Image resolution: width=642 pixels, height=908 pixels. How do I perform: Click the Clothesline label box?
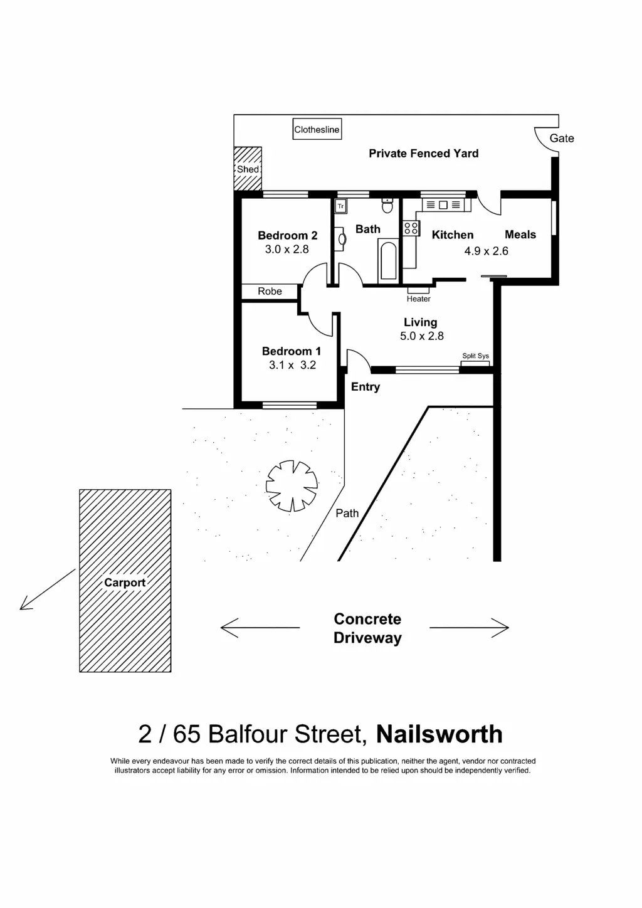317,130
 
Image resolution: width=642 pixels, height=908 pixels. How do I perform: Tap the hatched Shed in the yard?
248,169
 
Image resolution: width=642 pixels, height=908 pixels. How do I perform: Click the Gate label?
562,139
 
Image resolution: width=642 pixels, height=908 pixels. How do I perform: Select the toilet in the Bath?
387,205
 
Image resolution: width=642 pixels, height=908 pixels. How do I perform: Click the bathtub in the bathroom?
388,260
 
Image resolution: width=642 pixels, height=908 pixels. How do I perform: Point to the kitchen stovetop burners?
411,228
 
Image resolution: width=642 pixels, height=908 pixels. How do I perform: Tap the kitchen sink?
443,205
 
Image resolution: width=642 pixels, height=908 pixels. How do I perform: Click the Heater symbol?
418,290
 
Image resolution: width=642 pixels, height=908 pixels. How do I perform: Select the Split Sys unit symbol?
475,364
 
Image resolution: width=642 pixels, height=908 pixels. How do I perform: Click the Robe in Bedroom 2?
270,292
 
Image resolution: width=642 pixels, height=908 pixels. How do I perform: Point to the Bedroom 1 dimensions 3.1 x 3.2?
292,365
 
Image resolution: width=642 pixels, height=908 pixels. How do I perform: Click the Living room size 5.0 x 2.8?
422,336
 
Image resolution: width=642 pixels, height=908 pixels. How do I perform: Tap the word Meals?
520,235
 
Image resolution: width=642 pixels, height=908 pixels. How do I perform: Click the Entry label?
366,387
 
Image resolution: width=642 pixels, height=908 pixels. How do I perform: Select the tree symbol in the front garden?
292,485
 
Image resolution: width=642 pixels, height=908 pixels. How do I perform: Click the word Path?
347,513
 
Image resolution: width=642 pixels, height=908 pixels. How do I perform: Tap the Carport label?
125,583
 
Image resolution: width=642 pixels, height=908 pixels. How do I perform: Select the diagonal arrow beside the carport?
47,589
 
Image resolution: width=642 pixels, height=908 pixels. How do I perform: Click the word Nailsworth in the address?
439,734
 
